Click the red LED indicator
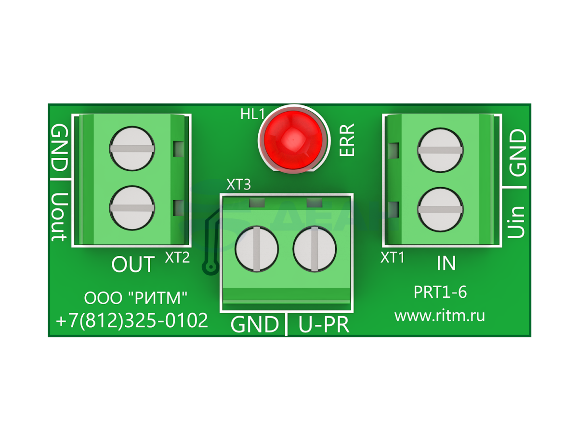click(293, 140)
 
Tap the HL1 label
click(252, 115)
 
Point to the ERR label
click(347, 140)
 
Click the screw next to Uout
click(132, 208)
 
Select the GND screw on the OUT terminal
click(132, 149)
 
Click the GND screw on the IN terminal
click(440, 151)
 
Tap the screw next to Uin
click(440, 210)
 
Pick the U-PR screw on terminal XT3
click(315, 249)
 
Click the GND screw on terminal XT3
click(256, 249)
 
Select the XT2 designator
click(177, 257)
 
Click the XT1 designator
click(392, 257)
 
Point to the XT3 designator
click(238, 185)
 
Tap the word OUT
click(133, 264)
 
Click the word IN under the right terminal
click(446, 263)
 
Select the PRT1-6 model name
click(440, 292)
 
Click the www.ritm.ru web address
click(439, 316)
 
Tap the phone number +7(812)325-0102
click(132, 320)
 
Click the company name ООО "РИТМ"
click(135, 298)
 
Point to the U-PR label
click(324, 325)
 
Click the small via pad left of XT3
click(210, 267)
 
